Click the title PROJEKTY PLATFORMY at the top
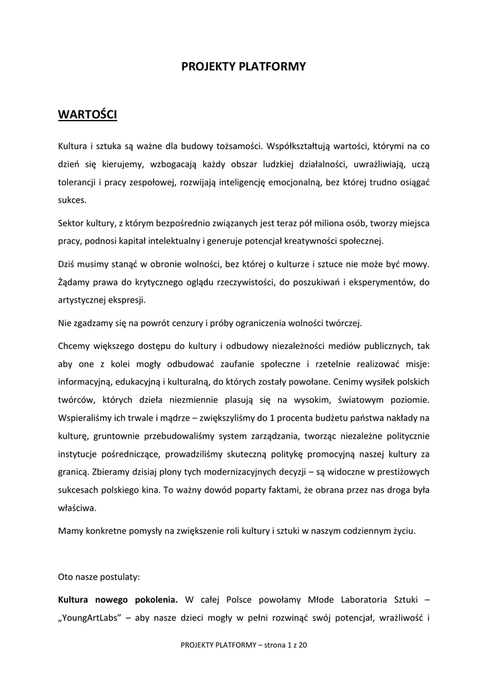(x=244, y=66)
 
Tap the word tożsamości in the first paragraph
(x=238, y=145)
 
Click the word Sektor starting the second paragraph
(x=73, y=222)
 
